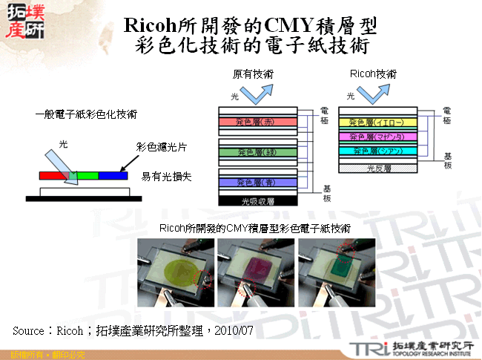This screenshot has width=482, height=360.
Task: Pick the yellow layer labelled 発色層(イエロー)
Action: [x=380, y=122]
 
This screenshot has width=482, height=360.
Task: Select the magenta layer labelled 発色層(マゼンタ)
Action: [x=380, y=137]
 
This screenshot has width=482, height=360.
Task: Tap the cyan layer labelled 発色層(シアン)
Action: [x=380, y=151]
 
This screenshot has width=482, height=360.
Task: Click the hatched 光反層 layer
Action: [x=380, y=168]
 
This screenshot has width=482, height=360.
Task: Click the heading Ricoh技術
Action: [x=373, y=75]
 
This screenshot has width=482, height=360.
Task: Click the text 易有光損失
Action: [x=161, y=177]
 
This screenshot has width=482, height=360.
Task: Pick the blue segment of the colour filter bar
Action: [x=113, y=176]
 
